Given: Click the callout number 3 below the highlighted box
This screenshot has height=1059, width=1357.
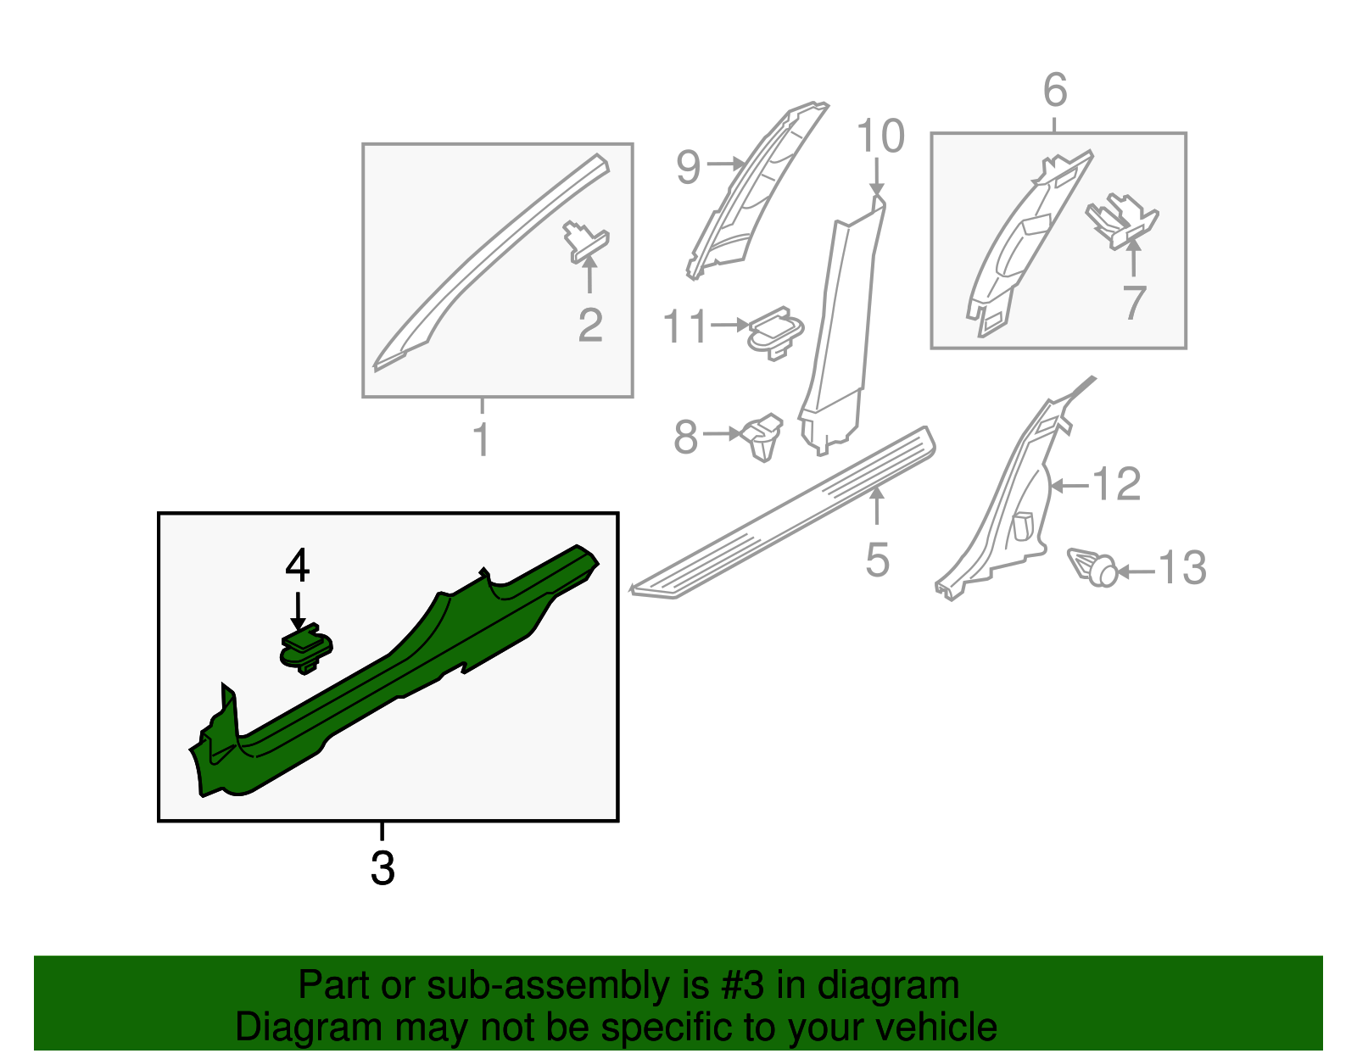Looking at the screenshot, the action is pyautogui.click(x=383, y=868).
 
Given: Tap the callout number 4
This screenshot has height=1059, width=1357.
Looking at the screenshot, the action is pyautogui.click(x=297, y=566).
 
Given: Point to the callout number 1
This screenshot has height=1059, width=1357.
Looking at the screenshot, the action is pyautogui.click(x=481, y=439).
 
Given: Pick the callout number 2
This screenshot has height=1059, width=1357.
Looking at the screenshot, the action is pyautogui.click(x=590, y=325).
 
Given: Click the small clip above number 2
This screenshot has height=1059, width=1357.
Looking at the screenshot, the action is pyautogui.click(x=586, y=242).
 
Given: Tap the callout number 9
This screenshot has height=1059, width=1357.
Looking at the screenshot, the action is pyautogui.click(x=688, y=167).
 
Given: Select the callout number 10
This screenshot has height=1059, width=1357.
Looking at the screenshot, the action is pyautogui.click(x=880, y=136).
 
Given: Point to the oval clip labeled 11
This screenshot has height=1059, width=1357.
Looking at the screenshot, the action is pyautogui.click(x=775, y=332).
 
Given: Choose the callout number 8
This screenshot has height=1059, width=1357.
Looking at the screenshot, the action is pyautogui.click(x=685, y=438).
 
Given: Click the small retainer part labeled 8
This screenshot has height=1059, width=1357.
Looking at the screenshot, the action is pyautogui.click(x=762, y=436).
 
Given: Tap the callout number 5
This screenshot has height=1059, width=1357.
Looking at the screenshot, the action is pyautogui.click(x=878, y=560).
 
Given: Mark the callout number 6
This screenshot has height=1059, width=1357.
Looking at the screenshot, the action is pyautogui.click(x=1055, y=91).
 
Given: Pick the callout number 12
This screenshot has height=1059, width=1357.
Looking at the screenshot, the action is pyautogui.click(x=1117, y=483).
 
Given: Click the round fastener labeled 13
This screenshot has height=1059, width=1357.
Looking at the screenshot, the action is pyautogui.click(x=1093, y=567).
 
